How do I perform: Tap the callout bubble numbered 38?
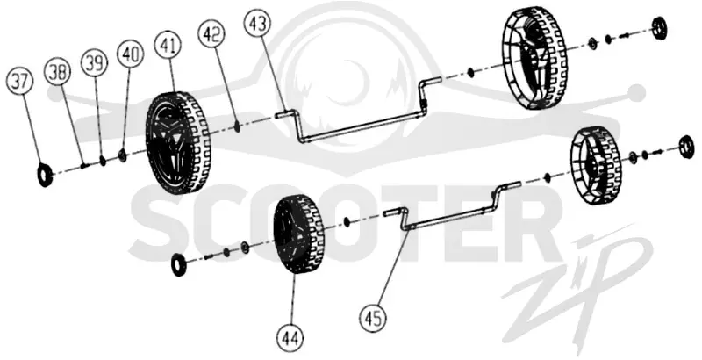point(58,72)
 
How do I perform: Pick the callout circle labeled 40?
point(130,54)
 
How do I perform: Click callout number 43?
point(257,23)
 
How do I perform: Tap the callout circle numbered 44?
point(290,336)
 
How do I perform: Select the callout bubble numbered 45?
point(372,319)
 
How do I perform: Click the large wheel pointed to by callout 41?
point(178,143)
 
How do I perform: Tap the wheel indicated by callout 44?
point(298,234)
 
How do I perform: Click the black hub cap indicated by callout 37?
point(45,175)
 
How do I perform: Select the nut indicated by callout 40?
point(121,155)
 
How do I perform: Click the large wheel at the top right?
point(535,58)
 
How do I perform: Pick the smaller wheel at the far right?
point(596,166)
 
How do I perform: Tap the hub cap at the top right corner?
point(659,27)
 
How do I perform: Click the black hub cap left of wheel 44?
point(180,264)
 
